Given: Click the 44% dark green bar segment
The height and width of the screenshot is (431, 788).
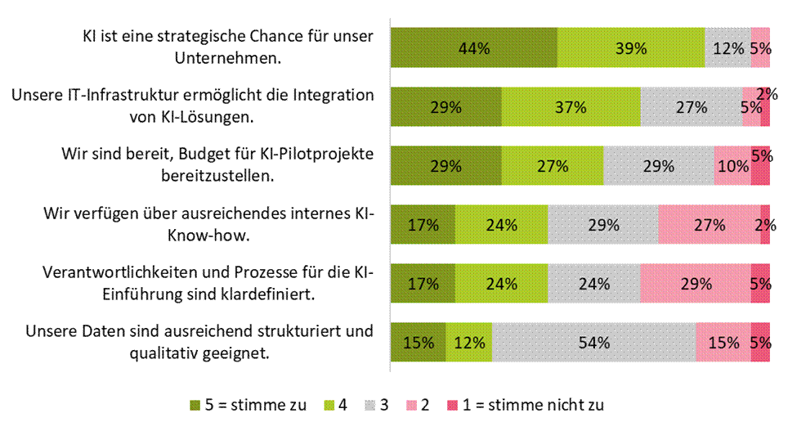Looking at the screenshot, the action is click(474, 47).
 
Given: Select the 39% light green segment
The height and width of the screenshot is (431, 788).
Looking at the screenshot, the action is click(631, 47).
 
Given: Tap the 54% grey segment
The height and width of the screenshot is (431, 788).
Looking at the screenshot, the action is click(594, 342).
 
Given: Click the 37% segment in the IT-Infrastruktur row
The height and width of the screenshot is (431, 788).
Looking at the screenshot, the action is click(571, 106).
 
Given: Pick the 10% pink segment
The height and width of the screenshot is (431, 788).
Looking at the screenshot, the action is click(732, 165).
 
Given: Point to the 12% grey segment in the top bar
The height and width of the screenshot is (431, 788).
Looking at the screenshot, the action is click(728, 47).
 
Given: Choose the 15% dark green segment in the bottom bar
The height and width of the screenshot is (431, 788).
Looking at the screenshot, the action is click(419, 342).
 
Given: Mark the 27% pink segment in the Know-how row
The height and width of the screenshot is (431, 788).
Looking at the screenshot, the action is click(710, 224).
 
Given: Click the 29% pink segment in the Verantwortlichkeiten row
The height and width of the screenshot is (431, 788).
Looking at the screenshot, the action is click(696, 283).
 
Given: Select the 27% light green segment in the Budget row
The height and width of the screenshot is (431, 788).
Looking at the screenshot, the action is click(553, 165).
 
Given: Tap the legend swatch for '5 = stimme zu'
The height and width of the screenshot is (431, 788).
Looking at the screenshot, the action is click(195, 406).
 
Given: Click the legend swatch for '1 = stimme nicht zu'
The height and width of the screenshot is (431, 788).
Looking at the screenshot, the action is click(452, 406).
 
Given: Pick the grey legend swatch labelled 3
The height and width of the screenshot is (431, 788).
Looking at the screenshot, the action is click(369, 406).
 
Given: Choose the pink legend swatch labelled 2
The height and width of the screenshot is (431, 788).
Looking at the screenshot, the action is click(411, 406).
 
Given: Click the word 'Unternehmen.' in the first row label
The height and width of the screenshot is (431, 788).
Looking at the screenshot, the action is click(228, 58).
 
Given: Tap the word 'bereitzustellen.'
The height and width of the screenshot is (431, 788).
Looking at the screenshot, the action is click(217, 176).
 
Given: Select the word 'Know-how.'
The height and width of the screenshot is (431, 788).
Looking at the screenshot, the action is click(208, 235).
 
